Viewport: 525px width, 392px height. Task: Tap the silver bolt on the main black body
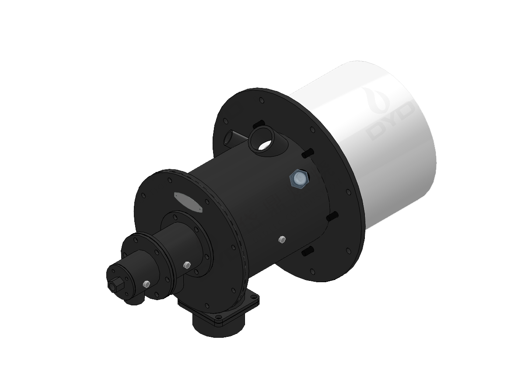(x=282, y=239)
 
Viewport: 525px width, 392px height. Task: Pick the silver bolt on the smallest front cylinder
(x=146, y=285)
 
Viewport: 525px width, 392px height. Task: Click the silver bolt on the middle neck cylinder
(x=187, y=265)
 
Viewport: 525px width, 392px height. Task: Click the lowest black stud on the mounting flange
(x=307, y=251)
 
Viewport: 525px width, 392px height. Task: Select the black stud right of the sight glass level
(x=332, y=216)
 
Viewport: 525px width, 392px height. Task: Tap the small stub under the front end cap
(x=131, y=301)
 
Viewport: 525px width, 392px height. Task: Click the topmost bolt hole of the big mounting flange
(x=261, y=101)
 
